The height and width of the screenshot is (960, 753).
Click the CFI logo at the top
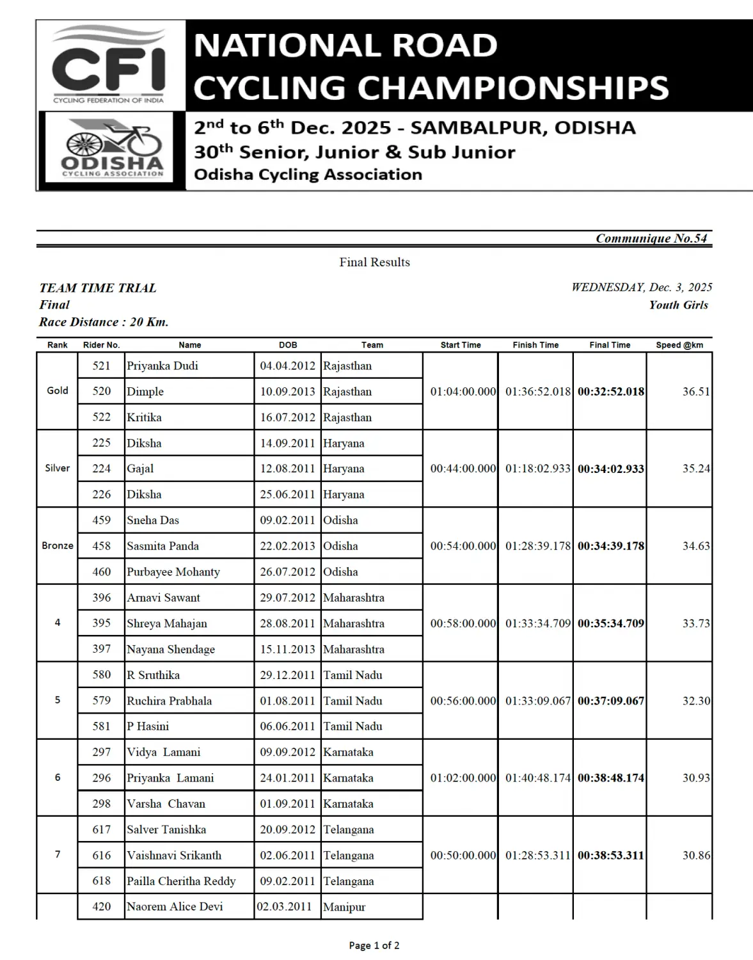109,65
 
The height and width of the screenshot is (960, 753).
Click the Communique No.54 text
651,239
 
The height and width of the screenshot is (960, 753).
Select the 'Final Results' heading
374,262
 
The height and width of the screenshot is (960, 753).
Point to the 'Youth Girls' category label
678,305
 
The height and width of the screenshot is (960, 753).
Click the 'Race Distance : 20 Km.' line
104,322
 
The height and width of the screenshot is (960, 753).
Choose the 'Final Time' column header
610,345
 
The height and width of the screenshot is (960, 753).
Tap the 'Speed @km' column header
679,345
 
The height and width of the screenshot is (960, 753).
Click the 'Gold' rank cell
58,391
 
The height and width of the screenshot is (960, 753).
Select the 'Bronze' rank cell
58,546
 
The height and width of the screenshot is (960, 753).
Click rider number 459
101,520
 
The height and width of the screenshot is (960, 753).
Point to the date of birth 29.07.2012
287,598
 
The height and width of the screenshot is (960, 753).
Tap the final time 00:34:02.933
610,469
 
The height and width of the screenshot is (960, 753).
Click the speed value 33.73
695,623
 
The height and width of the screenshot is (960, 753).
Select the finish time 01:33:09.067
537,701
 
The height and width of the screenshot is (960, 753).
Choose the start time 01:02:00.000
463,778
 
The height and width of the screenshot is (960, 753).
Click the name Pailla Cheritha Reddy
181,881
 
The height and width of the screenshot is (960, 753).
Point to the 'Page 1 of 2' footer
374,945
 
